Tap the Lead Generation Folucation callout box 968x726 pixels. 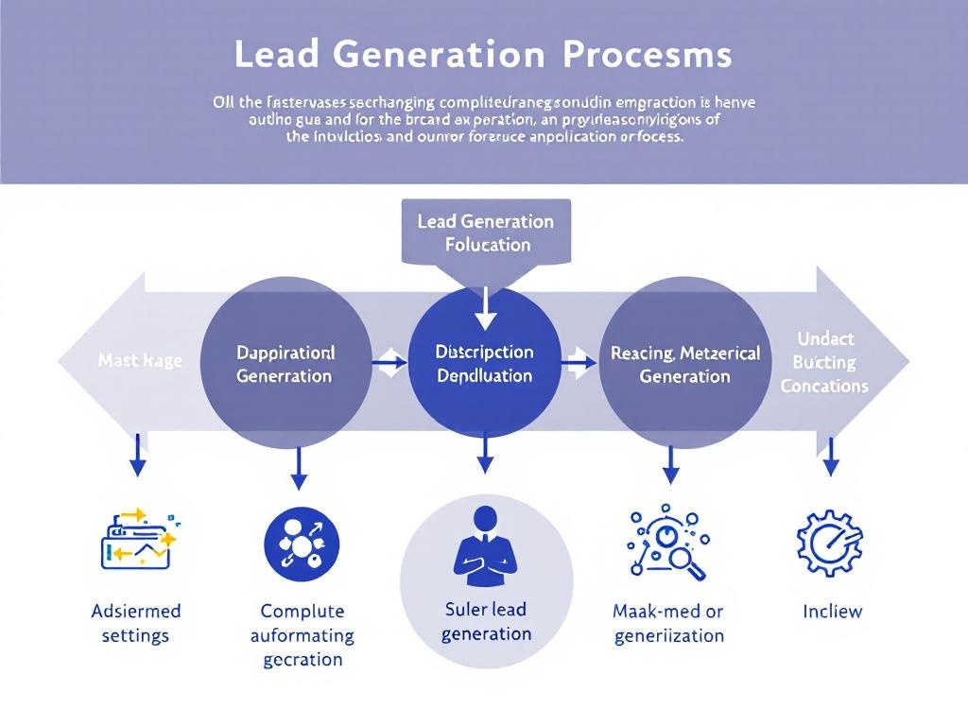[x=486, y=233]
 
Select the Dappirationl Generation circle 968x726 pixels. [x=285, y=363]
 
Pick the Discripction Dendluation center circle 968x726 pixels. [x=485, y=363]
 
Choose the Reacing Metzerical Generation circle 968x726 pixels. [x=684, y=363]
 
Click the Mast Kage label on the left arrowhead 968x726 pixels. [x=140, y=361]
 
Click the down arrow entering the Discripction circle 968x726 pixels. [x=485, y=307]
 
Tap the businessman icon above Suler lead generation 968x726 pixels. [x=485, y=546]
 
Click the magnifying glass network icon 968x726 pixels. [x=666, y=544]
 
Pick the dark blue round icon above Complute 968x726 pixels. [x=301, y=544]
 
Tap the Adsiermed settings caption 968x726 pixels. [x=135, y=623]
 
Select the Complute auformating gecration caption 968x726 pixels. [x=302, y=635]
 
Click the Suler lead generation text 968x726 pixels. [x=486, y=621]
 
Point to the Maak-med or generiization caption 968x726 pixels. [x=668, y=623]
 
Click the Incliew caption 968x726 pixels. [x=832, y=611]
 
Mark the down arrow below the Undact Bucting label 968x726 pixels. [x=831, y=456]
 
